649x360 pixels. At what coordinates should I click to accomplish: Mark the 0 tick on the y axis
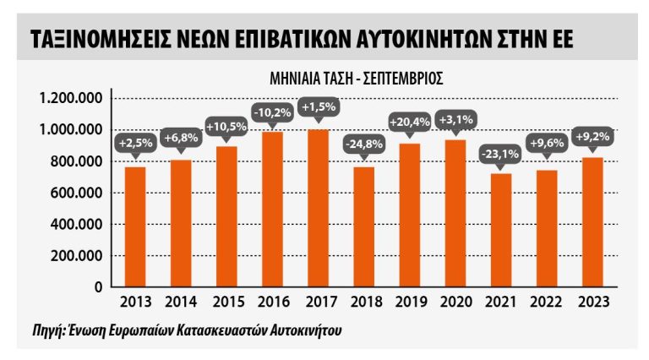(98, 287)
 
